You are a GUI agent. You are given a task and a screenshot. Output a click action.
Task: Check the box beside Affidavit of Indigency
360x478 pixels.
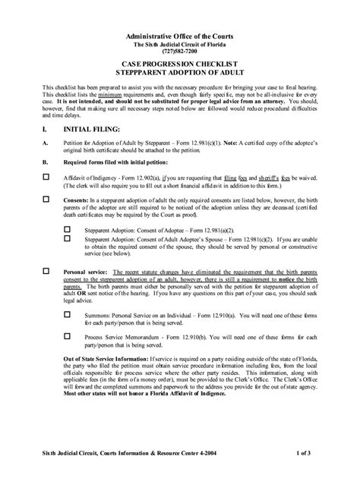coord(46,175)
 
